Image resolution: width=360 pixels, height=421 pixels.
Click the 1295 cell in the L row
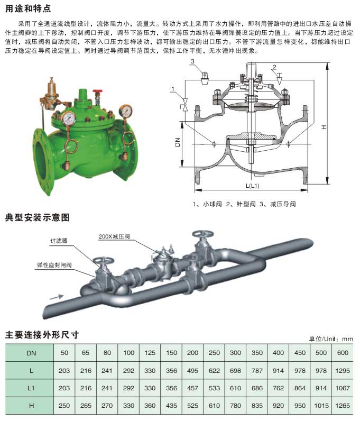pyautogui.click(x=342, y=371)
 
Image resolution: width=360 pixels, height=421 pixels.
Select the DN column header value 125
pyautogui.click(x=150, y=353)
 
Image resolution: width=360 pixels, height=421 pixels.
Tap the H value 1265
pyautogui.click(x=342, y=406)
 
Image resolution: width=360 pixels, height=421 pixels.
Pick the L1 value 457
pyautogui.click(x=192, y=388)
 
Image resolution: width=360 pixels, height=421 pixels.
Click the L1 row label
pyautogui.click(x=31, y=388)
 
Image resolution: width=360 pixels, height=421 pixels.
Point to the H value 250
pyautogui.click(x=64, y=406)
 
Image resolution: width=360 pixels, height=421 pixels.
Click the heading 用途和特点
pyautogui.click(x=28, y=8)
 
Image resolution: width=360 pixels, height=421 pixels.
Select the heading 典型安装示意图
pyautogui.click(x=38, y=217)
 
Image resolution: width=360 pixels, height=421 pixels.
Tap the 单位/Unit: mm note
pyautogui.click(x=330, y=339)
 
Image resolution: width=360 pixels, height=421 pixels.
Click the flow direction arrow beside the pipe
pyautogui.click(x=57, y=297)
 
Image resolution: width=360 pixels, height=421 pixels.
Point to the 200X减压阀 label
pyautogui.click(x=114, y=236)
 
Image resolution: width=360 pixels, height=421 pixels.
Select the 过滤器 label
pyautogui.click(x=59, y=241)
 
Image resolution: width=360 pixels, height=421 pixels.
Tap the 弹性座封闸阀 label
pyautogui.click(x=54, y=266)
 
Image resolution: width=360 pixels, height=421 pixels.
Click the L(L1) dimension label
pyautogui.click(x=252, y=186)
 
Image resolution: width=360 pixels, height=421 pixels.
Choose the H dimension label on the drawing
pyautogui.click(x=324, y=127)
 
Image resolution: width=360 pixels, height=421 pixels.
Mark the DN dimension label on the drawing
pyautogui.click(x=178, y=142)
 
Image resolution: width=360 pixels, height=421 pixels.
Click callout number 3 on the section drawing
pyautogui.click(x=192, y=61)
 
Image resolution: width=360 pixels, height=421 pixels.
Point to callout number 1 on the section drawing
pyautogui.click(x=173, y=89)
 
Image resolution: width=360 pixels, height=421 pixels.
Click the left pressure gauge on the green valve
pyautogui.click(x=68, y=118)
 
